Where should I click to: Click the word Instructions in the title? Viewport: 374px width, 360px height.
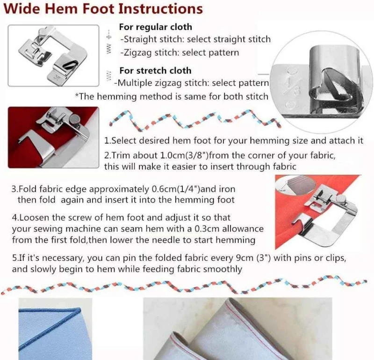click(x=160, y=9)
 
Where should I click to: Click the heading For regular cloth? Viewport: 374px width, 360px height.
click(x=156, y=27)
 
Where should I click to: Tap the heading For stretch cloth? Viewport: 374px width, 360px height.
click(x=155, y=71)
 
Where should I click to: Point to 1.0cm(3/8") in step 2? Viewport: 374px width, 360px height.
click(x=184, y=156)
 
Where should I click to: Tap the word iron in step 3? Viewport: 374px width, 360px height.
click(x=227, y=189)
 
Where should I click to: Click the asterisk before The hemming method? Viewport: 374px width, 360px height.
click(x=77, y=95)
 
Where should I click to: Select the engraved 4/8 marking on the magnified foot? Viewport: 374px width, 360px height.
click(x=290, y=87)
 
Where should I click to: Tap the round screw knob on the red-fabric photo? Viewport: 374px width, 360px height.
click(x=76, y=119)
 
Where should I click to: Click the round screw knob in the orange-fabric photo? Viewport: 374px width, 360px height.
click(x=342, y=199)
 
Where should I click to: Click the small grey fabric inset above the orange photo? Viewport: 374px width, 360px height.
click(x=296, y=184)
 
